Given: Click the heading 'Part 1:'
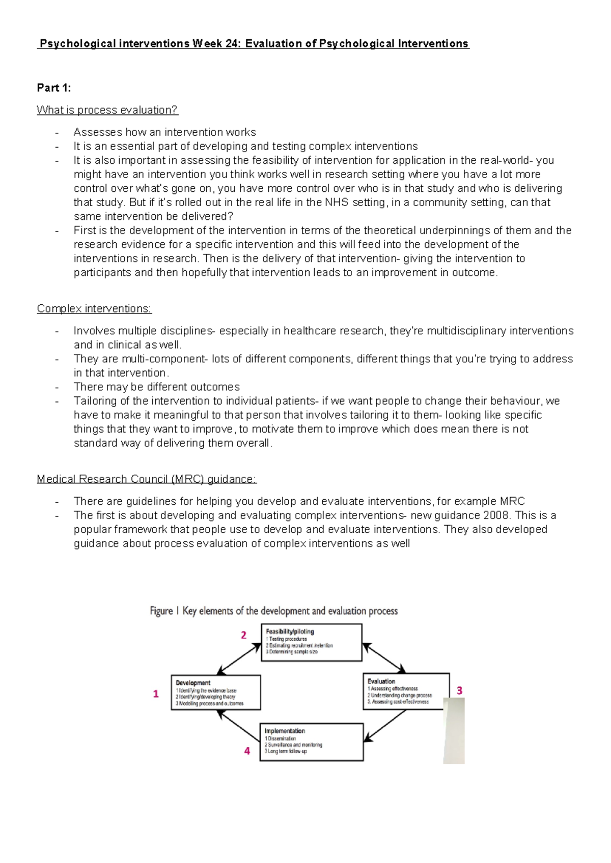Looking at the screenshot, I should coord(53,88).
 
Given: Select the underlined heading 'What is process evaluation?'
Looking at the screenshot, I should coord(107,110).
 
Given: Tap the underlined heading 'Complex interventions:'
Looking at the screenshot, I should coord(94,308).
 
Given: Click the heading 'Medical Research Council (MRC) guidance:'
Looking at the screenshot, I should coord(147,479).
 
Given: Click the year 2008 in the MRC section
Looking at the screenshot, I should coord(496,515).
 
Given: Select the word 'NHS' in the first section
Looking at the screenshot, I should coord(337,202).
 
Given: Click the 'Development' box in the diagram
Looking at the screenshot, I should coord(216,693).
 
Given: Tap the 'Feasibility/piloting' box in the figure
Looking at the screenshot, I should coord(312,642).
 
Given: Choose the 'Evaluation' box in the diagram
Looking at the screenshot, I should coord(406,691).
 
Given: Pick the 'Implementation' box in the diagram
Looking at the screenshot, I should coord(312,741).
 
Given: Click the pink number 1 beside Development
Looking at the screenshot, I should coord(156,694).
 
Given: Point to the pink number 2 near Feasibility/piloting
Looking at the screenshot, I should coord(243,635).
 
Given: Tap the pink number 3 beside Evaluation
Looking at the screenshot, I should coord(459,691).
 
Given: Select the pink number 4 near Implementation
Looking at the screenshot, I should coord(247,751).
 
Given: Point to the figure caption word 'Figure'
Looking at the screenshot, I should coord(161,611).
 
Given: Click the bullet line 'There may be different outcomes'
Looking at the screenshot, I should coord(156,387).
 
